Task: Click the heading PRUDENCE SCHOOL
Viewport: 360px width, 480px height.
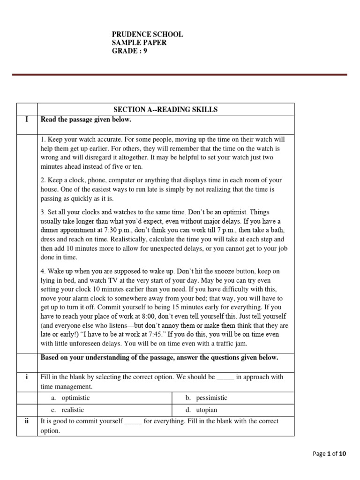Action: pos(147,35)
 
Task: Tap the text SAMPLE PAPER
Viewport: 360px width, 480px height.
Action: pos(139,43)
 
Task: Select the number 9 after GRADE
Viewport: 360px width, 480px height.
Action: pos(145,52)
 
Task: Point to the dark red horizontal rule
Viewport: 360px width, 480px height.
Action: pos(180,75)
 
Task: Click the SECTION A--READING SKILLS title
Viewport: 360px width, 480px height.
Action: pos(165,110)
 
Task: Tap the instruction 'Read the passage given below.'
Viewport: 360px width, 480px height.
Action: pos(86,120)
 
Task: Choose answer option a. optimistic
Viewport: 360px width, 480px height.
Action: pos(70,398)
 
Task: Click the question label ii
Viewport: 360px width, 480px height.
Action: pos(27,421)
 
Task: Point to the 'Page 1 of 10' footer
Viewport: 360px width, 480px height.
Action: pos(329,454)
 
